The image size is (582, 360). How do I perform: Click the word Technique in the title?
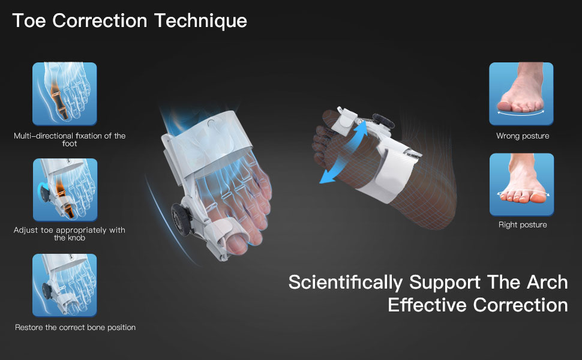[x=200, y=21]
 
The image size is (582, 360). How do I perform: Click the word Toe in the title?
[x=29, y=20]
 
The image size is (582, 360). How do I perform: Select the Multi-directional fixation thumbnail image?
[x=65, y=94]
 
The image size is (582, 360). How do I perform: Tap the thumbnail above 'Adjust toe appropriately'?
[x=65, y=190]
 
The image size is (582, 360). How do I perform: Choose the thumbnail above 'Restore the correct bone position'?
[x=65, y=285]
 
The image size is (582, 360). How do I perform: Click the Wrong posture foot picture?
[x=521, y=94]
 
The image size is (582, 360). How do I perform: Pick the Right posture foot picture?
[x=521, y=184]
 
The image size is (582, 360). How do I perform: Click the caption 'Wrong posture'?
[x=523, y=136]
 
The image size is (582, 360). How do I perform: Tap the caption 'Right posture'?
[x=523, y=224]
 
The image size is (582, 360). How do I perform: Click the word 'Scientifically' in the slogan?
[x=345, y=283]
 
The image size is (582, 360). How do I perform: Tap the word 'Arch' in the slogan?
[x=547, y=283]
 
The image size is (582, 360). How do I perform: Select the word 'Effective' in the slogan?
[x=427, y=305]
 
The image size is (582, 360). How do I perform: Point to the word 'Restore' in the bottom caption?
[x=29, y=328]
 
